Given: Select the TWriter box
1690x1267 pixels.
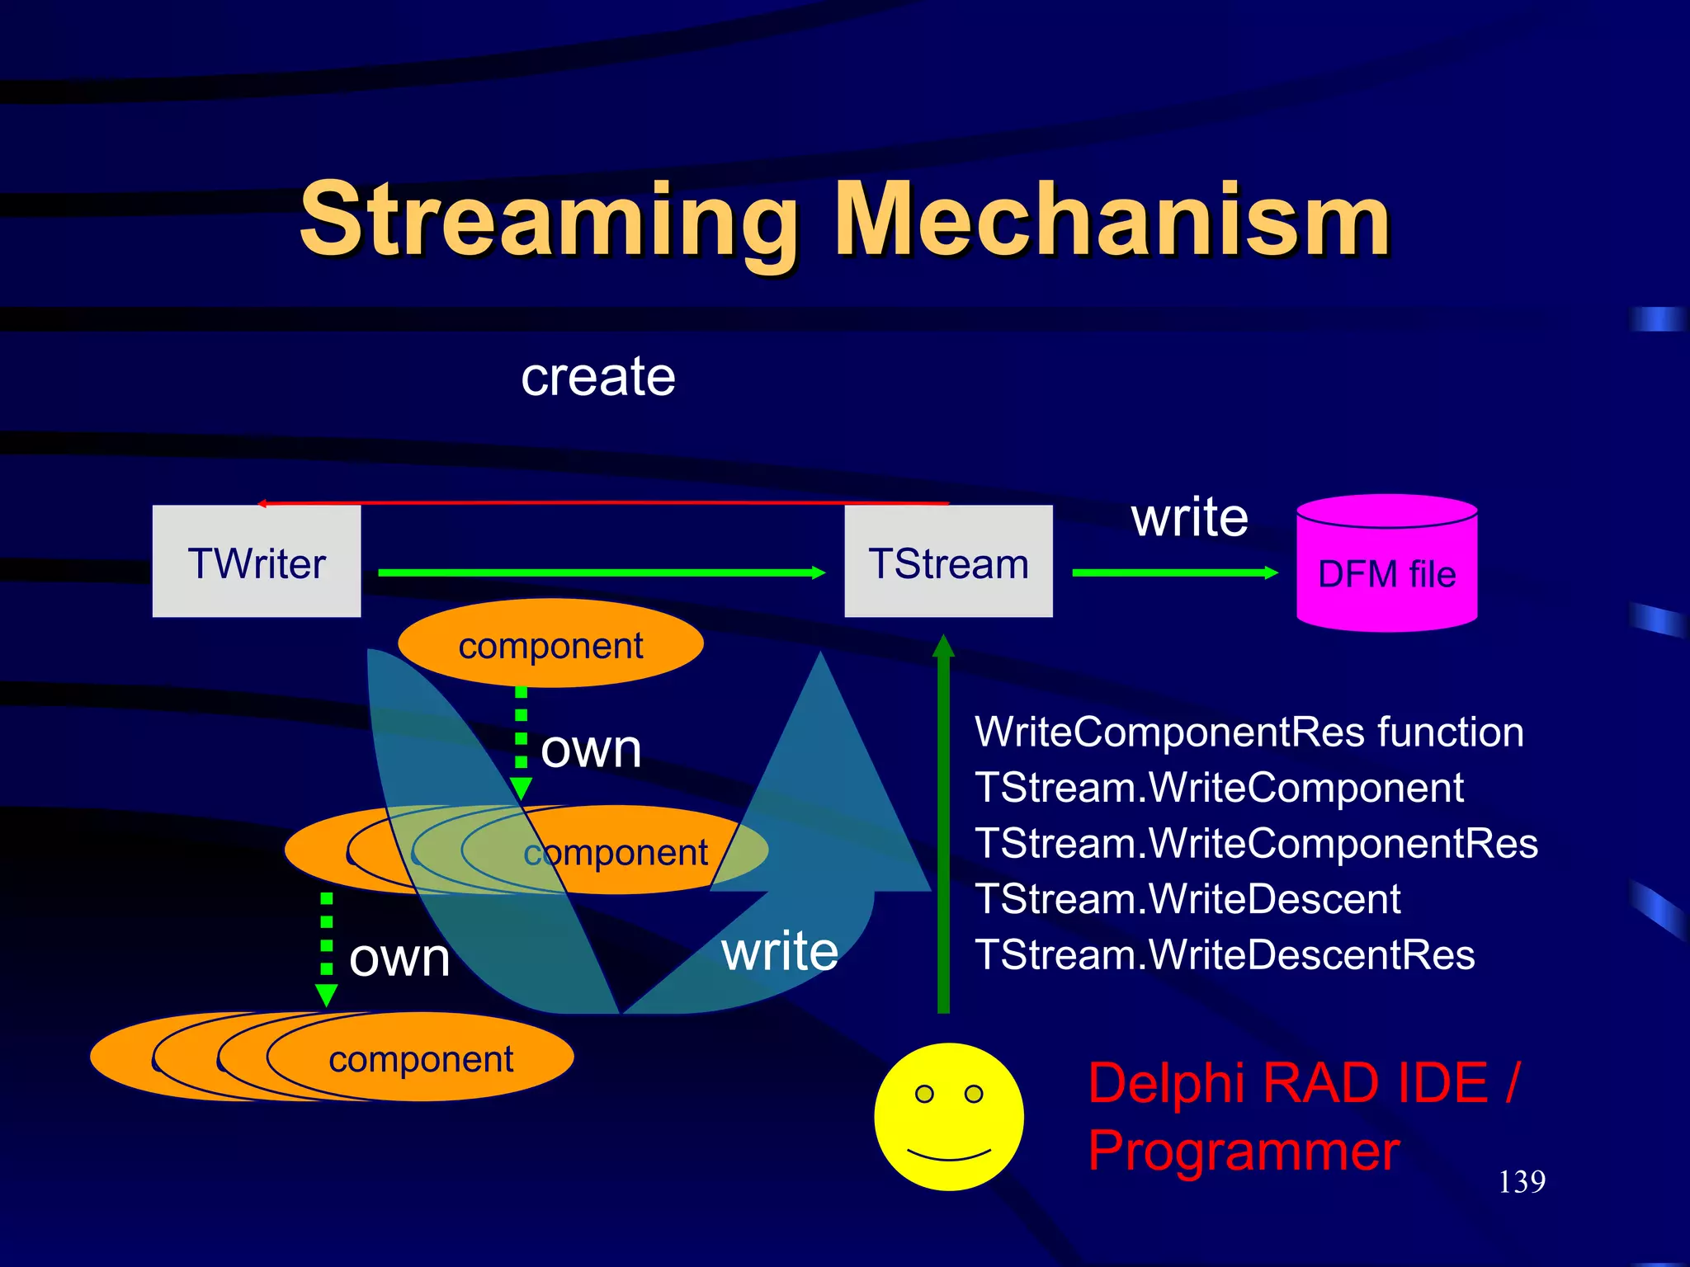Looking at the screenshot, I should [257, 562].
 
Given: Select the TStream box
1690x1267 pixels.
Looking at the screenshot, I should [948, 562].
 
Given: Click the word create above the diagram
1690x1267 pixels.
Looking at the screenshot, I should [597, 377].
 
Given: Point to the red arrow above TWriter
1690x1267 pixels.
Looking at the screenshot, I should [602, 502].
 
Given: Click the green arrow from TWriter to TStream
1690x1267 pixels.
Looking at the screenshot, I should [601, 572].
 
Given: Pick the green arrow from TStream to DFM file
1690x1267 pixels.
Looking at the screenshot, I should [1173, 572].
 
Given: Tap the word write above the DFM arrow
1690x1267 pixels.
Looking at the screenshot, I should [1189, 518].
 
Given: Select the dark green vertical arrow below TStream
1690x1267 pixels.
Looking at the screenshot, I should [943, 825].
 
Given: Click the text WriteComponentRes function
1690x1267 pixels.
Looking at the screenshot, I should [1249, 732].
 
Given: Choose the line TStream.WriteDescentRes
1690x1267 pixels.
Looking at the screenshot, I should [1225, 955].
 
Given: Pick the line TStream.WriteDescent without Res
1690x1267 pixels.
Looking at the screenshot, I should [1187, 899].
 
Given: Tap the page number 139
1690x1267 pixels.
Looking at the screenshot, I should [1521, 1181].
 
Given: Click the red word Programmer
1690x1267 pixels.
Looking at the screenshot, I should [1243, 1152].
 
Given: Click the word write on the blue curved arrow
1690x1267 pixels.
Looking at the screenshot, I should [780, 950].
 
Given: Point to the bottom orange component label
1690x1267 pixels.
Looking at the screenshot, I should [421, 1059].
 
